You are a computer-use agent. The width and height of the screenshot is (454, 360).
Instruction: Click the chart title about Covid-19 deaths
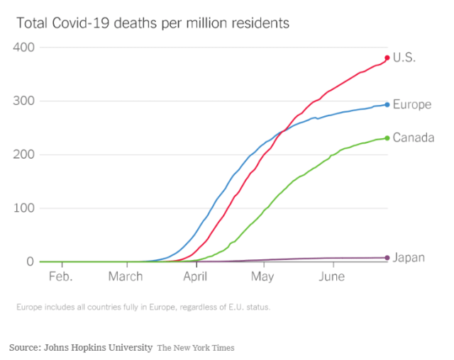(153, 23)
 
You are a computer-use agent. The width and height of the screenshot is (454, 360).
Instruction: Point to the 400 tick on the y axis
(26, 47)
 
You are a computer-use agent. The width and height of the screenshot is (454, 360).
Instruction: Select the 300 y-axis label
(26, 101)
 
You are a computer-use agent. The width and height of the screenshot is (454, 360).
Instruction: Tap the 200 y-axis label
(26, 154)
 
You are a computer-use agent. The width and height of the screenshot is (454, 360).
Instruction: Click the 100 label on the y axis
(26, 208)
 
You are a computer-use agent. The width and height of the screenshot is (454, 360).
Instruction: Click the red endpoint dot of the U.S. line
(387, 57)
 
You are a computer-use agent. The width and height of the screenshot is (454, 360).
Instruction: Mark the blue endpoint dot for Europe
(387, 104)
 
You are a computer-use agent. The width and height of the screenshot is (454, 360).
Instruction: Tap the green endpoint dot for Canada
(387, 138)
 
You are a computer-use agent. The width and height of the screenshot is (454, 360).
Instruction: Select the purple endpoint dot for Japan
(387, 258)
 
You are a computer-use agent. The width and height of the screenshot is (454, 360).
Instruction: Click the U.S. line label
(404, 58)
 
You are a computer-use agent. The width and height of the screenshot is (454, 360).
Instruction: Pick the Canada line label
(413, 137)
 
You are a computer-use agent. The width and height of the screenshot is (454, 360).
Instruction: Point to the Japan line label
(409, 257)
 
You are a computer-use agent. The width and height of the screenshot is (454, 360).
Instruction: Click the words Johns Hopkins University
(98, 348)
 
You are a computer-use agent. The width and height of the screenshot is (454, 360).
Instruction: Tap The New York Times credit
(196, 348)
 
